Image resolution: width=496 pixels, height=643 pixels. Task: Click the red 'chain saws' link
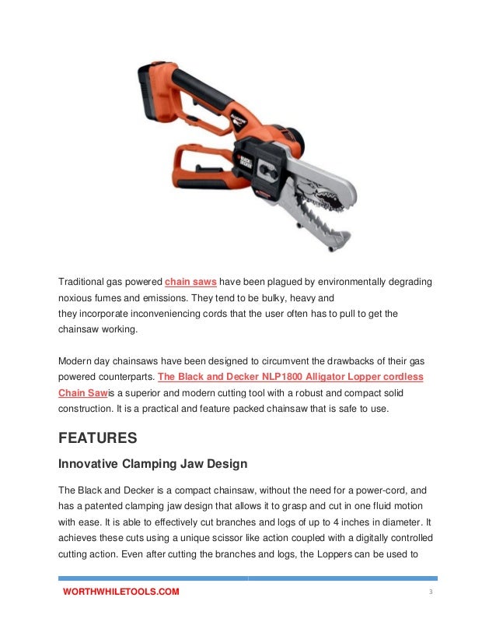point(190,281)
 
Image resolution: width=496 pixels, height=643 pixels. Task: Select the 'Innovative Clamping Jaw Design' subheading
point(153,464)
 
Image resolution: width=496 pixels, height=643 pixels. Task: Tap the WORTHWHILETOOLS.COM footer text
point(121,592)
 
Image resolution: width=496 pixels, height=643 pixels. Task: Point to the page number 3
point(430,592)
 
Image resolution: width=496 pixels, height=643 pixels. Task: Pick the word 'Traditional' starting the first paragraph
point(81,281)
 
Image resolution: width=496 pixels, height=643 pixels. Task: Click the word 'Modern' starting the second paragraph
point(74,360)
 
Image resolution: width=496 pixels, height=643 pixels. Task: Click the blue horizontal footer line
point(248,578)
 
